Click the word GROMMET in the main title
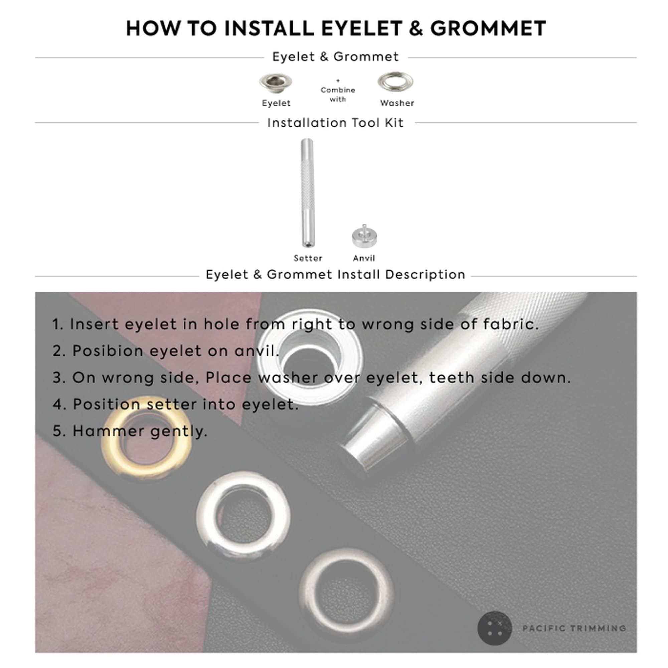pos(488,28)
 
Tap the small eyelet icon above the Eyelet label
pos(276,83)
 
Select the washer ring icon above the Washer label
pos(395,82)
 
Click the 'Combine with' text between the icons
pos(337,95)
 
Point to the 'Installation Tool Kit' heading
pos(335,123)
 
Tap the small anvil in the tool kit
pos(364,237)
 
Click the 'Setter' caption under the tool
pos(308,258)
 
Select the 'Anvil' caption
pos(364,258)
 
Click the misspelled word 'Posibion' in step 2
pos(108,351)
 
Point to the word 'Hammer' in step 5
pos(108,431)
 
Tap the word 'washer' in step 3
pos(288,377)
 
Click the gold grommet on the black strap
pos(147,439)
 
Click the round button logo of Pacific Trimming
pos(494,628)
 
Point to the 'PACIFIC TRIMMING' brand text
pos(574,628)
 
